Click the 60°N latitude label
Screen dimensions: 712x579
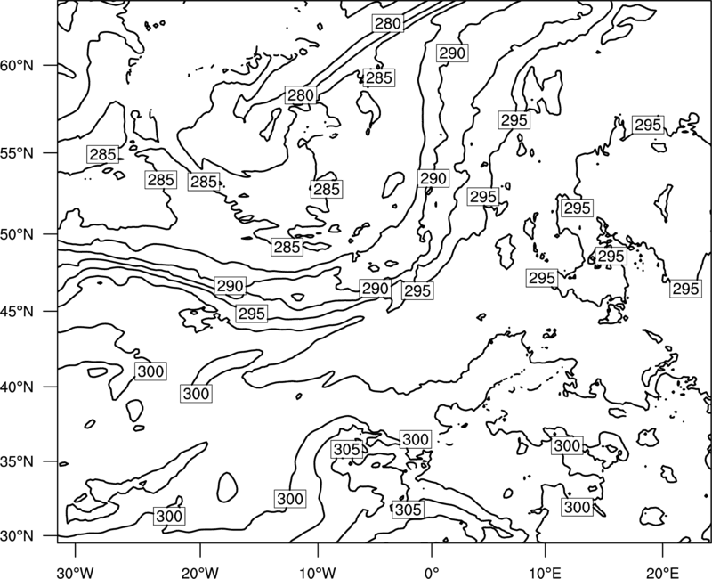point(17,66)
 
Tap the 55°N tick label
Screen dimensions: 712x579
point(17,153)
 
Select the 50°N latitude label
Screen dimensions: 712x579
point(17,234)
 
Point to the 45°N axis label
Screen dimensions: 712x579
point(17,311)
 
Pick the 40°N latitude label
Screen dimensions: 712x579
point(17,387)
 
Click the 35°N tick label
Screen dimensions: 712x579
point(17,461)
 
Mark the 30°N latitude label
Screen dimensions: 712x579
point(17,536)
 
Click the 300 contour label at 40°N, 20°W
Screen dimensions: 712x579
point(196,394)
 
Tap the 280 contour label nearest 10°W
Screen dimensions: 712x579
point(301,95)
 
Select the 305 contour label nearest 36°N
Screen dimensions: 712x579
point(347,450)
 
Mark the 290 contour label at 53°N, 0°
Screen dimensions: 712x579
point(433,179)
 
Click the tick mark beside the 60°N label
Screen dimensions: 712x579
point(50,65)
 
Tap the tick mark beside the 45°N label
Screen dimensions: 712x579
point(50,311)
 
